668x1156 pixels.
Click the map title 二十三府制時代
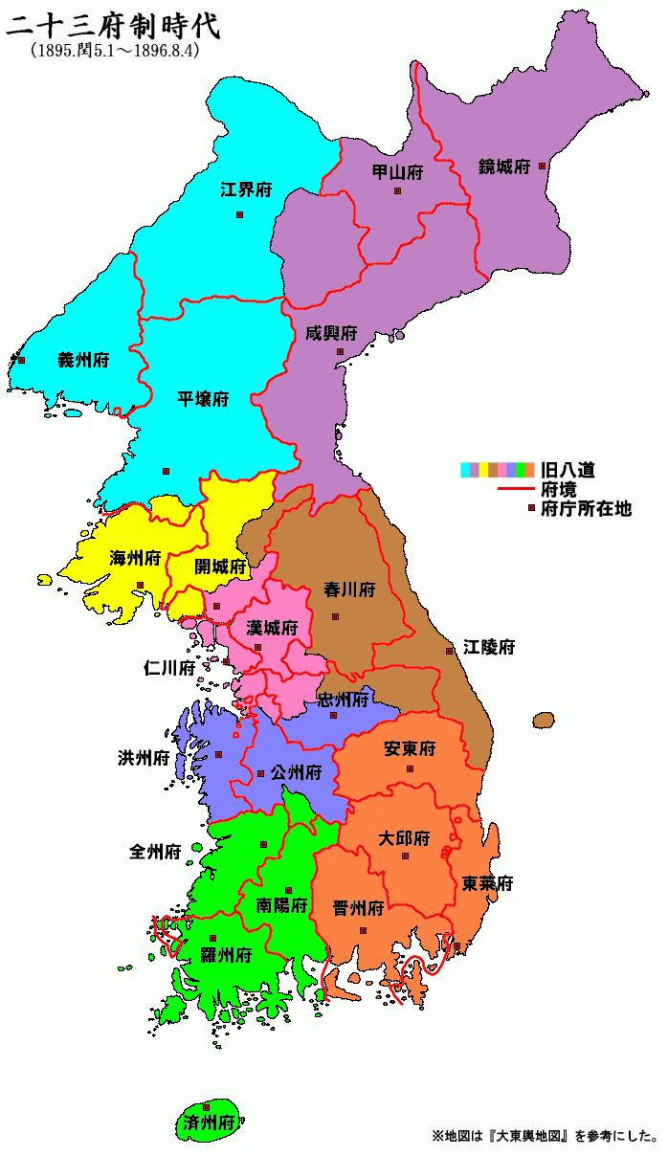113,25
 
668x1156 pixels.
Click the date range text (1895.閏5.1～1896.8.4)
114,52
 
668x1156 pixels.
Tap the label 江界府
246,189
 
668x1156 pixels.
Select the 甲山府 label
397,172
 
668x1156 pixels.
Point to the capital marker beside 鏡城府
542,166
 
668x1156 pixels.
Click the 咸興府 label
331,333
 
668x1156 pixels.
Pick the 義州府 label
82,361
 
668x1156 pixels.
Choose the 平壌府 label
203,399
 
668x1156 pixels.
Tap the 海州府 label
135,559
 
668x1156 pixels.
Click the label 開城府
220,566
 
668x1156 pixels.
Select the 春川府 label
349,589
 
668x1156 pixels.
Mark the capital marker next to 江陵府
449,651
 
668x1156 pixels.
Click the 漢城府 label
272,628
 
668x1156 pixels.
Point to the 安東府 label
410,747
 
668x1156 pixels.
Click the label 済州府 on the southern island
208,1123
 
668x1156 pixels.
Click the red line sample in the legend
516,490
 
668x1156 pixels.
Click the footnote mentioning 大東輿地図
545,1138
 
